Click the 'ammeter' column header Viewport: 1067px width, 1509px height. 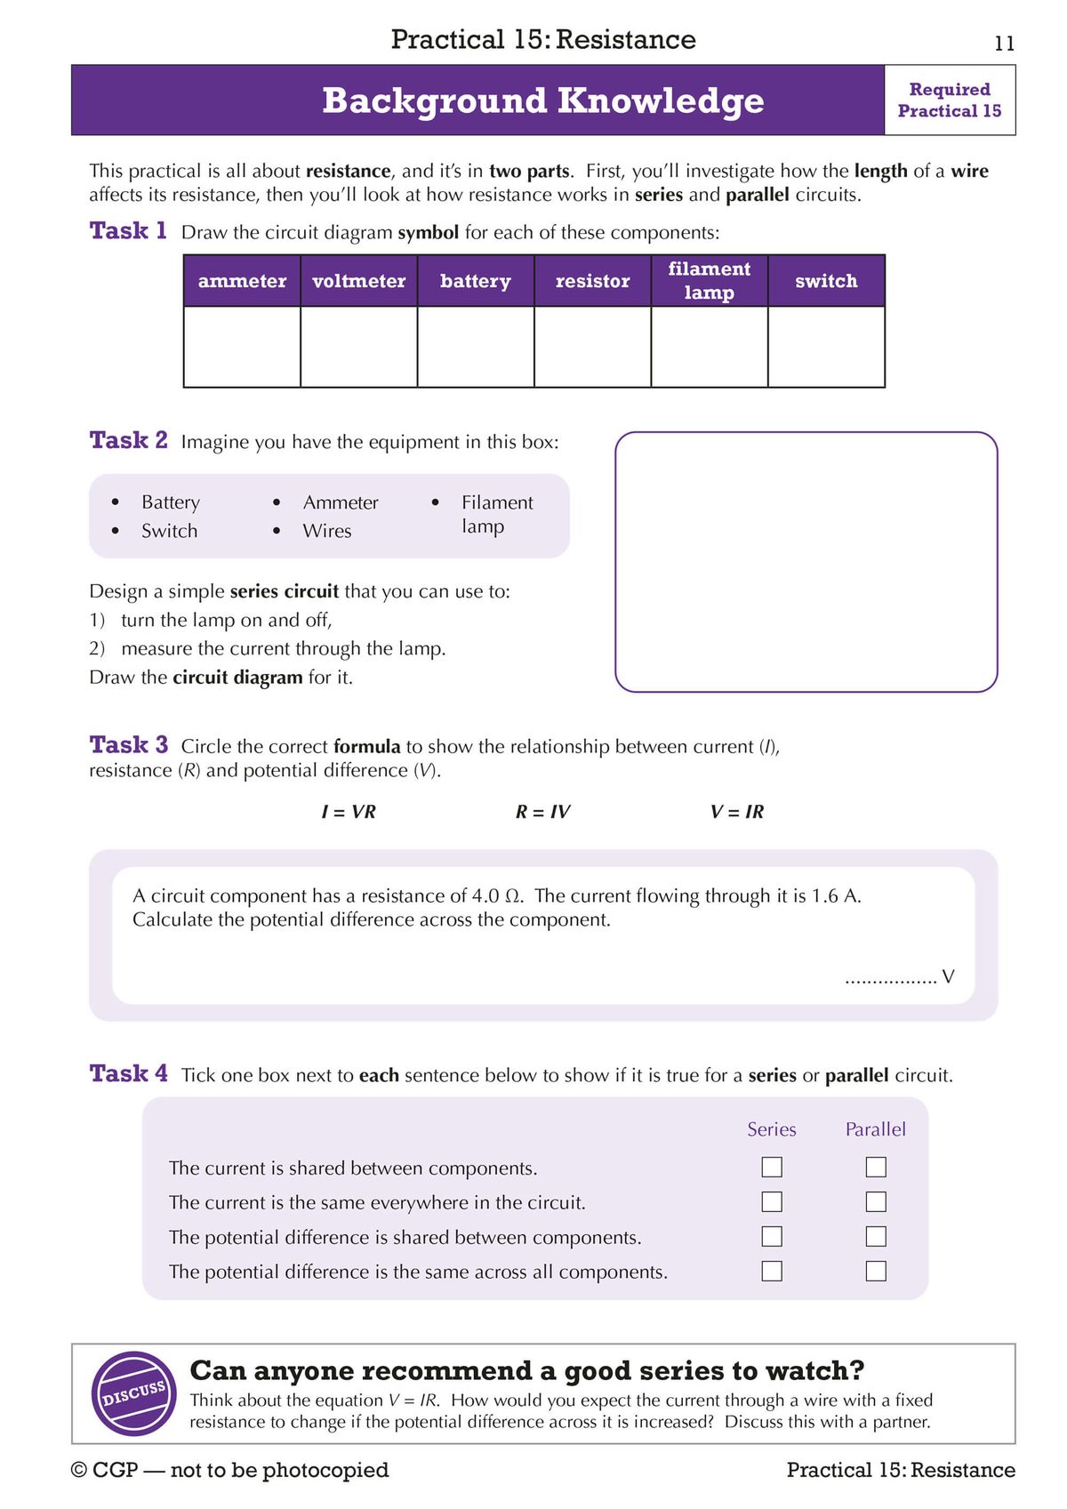click(242, 281)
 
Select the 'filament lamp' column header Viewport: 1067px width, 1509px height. click(709, 281)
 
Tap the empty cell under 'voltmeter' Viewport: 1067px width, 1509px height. click(358, 347)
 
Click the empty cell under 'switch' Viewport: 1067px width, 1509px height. click(826, 347)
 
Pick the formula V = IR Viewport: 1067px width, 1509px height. click(736, 812)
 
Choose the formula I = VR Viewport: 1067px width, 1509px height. click(349, 812)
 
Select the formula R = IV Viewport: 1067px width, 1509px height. click(542, 812)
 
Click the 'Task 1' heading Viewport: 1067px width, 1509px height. click(128, 231)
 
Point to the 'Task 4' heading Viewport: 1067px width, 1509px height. click(128, 1074)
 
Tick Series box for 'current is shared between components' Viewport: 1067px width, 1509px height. click(772, 1167)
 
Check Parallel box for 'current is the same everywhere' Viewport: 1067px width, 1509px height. click(876, 1201)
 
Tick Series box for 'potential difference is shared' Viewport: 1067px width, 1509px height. click(772, 1236)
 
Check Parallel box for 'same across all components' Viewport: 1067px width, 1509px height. click(876, 1271)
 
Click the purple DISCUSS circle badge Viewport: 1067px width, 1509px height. click(134, 1393)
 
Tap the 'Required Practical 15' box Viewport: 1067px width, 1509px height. click(949, 100)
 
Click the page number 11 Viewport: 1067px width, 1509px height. click(1004, 44)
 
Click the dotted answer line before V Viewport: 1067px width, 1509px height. click(890, 979)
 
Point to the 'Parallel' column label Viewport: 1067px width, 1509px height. click(875, 1129)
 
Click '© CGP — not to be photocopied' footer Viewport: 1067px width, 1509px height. click(229, 1470)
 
